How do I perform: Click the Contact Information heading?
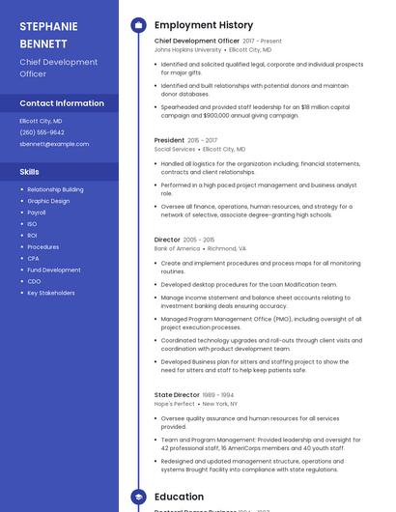(62, 103)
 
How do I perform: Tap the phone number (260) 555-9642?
(42, 132)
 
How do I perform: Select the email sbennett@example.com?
(54, 144)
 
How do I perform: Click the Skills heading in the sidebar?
(30, 171)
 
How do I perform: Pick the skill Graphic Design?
(48, 201)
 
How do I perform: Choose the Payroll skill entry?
(37, 213)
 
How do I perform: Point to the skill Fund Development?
(54, 270)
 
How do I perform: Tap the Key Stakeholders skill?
(51, 293)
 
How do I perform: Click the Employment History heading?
(204, 25)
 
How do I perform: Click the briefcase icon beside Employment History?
(138, 25)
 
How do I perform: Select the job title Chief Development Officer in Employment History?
(197, 42)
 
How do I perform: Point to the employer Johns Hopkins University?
(187, 49)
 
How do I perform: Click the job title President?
(169, 141)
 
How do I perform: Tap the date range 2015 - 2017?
(203, 141)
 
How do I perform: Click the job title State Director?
(177, 395)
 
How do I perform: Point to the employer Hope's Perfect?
(175, 404)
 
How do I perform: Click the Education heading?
(179, 497)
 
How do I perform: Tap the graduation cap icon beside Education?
(138, 497)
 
